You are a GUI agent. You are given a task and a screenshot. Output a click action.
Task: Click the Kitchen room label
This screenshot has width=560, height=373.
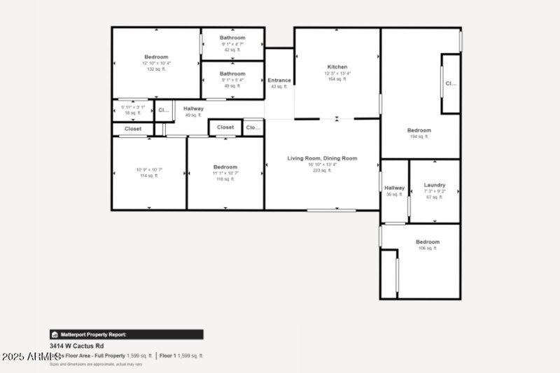click(x=337, y=67)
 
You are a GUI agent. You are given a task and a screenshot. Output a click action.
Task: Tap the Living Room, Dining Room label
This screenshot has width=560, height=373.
click(x=322, y=159)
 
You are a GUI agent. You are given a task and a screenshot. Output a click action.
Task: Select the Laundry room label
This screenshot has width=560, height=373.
click(x=435, y=185)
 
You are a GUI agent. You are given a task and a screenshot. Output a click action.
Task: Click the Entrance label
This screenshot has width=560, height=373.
click(x=279, y=80)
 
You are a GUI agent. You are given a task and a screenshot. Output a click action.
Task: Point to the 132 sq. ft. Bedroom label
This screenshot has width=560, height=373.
click(x=156, y=57)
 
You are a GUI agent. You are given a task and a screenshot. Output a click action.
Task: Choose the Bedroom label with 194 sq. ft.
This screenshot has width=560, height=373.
click(x=419, y=131)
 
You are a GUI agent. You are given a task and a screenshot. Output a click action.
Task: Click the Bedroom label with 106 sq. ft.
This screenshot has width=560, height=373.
click(x=428, y=242)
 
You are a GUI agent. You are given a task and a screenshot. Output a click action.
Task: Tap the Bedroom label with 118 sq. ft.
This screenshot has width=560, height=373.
click(x=225, y=167)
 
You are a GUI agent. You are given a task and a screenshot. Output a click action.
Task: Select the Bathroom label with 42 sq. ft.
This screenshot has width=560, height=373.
click(x=232, y=38)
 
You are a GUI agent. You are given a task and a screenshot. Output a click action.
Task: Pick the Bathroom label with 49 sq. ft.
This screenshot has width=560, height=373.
click(x=232, y=73)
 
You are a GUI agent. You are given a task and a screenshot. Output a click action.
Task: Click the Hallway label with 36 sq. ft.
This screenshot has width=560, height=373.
click(x=395, y=188)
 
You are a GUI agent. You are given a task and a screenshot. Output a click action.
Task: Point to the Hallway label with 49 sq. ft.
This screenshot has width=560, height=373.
click(x=194, y=109)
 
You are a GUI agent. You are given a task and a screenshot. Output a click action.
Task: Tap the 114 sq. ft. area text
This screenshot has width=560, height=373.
click(x=148, y=176)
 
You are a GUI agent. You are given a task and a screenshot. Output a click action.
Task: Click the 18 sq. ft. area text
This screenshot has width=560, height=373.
click(x=133, y=113)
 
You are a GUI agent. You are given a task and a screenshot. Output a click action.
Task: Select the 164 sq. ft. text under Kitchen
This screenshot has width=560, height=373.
click(x=337, y=79)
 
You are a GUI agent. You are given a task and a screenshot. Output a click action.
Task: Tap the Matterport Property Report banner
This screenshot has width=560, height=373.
click(x=126, y=335)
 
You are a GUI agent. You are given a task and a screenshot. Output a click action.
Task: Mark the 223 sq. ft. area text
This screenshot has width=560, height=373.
click(x=322, y=170)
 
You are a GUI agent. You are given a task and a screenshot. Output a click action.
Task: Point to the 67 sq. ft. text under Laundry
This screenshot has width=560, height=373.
click(x=435, y=197)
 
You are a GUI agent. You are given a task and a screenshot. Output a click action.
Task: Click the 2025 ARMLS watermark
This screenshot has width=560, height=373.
click(x=31, y=357)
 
